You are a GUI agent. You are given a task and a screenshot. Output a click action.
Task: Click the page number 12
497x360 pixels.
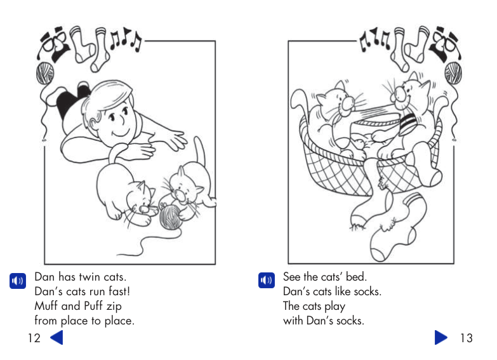point(34,338)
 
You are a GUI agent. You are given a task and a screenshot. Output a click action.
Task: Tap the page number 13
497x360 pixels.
point(466,338)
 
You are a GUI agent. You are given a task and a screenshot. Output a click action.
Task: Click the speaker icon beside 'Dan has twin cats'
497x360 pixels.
point(17,280)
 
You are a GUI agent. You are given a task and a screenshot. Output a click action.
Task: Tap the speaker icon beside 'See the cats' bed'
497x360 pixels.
point(266,280)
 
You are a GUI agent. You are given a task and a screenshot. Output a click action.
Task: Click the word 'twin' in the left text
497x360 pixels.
point(90,277)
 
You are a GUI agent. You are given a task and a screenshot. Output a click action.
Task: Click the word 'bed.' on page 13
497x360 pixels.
point(357,277)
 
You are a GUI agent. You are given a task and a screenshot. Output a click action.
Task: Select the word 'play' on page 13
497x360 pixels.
point(333,306)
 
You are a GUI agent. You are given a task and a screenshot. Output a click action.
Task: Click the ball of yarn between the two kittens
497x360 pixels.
point(171,218)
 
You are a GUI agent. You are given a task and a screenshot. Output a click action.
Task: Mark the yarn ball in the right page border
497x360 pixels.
point(453,73)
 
